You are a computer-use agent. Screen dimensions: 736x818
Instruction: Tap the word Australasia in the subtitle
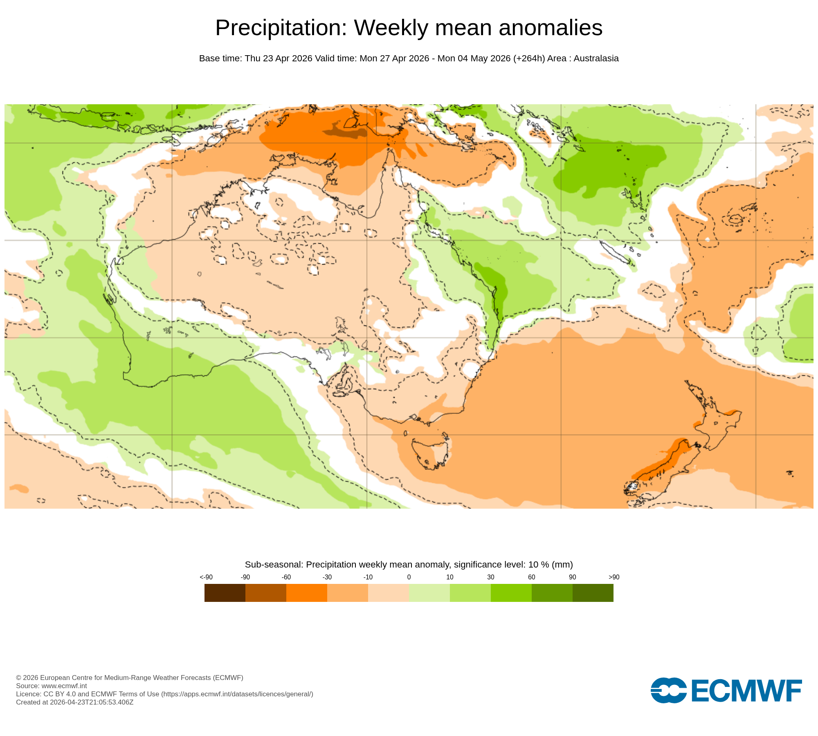click(596, 58)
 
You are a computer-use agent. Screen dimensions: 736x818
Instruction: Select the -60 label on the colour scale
click(286, 577)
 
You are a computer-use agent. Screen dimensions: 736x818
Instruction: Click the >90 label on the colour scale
click(613, 577)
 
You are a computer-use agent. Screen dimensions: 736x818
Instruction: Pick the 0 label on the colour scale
click(409, 577)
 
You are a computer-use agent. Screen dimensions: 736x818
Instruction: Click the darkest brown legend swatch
click(225, 593)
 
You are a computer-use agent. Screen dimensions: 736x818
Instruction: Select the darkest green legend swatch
click(593, 593)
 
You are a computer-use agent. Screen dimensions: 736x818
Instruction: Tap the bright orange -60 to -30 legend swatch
click(307, 593)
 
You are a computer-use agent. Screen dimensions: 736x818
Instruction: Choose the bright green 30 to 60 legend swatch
click(511, 593)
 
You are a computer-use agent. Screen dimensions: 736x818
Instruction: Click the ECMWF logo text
click(746, 691)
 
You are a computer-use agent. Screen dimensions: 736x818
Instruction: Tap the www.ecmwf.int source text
click(64, 686)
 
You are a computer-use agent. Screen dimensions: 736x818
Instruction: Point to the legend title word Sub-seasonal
click(274, 565)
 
